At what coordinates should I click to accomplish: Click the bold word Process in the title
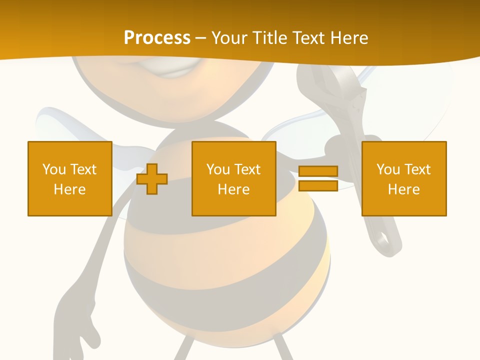[x=157, y=37]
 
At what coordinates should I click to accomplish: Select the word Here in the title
[x=348, y=37]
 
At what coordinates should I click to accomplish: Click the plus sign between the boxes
[x=152, y=179]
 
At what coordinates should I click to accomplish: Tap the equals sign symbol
[x=318, y=178]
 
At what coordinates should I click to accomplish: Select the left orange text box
[x=69, y=178]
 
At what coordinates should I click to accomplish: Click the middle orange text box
[x=233, y=178]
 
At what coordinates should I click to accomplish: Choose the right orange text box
[x=404, y=178]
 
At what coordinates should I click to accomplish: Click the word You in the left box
[x=53, y=169]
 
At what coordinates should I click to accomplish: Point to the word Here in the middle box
[x=233, y=189]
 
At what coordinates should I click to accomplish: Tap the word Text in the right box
[x=418, y=169]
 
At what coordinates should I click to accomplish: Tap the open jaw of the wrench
[x=320, y=75]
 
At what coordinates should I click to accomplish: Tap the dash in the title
[x=200, y=38]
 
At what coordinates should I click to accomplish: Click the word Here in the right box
[x=404, y=189]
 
